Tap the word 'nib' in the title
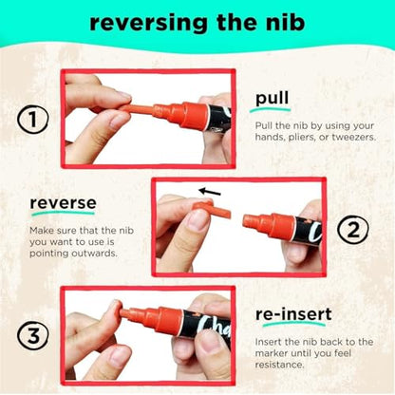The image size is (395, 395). click(x=285, y=22)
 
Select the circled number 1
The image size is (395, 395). click(x=33, y=120)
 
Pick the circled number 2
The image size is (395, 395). click(x=352, y=230)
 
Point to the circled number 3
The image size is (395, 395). click(x=33, y=336)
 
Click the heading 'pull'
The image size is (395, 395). click(x=273, y=99)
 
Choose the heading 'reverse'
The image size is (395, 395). click(x=63, y=203)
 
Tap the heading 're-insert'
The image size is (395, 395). click(x=293, y=314)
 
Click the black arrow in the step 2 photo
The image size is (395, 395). click(x=210, y=192)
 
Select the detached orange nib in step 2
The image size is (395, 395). click(x=213, y=210)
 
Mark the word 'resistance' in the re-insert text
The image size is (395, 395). click(x=279, y=365)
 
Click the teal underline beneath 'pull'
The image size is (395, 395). click(x=270, y=110)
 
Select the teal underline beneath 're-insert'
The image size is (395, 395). click(x=293, y=324)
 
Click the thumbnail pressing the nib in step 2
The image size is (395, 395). click(x=198, y=219)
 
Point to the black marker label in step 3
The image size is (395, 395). click(x=205, y=327)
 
